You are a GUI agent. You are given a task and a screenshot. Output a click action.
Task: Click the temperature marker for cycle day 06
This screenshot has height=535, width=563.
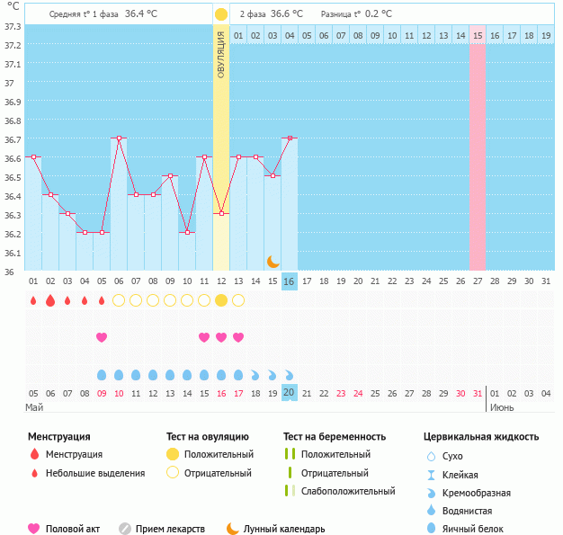click(x=119, y=138)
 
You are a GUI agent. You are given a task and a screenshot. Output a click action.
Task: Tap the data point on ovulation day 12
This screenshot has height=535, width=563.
click(x=221, y=213)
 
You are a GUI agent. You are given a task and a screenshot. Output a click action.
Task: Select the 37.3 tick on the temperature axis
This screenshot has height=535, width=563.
click(x=13, y=26)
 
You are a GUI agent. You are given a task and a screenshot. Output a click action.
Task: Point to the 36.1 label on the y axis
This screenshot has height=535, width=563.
click(x=13, y=253)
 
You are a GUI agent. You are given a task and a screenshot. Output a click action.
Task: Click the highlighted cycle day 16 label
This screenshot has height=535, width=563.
click(x=289, y=281)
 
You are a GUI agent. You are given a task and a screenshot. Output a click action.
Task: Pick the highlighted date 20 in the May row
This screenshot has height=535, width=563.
click(x=289, y=393)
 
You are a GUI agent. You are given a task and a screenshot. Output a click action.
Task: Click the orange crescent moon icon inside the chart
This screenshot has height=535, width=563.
click(x=273, y=261)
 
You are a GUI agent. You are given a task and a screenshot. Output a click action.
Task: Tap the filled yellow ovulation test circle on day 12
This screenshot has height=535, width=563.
click(x=221, y=300)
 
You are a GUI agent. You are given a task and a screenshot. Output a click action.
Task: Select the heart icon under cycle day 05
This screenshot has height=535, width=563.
click(x=102, y=337)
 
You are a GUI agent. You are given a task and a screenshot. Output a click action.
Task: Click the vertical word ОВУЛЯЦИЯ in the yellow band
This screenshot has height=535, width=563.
click(x=221, y=54)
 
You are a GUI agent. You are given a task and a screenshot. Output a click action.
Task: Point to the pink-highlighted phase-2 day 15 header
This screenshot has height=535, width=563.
click(x=477, y=35)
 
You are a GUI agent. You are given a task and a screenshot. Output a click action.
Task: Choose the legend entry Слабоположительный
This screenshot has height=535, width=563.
click(x=348, y=491)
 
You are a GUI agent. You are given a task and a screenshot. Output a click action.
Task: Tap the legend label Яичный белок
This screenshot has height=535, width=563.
click(x=479, y=529)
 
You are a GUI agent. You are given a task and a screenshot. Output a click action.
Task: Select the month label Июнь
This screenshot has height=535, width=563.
click(x=502, y=407)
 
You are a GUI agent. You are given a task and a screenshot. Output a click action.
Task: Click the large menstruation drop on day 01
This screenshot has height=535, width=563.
click(x=33, y=300)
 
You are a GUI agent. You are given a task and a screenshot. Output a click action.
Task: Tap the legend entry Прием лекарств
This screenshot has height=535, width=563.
click(x=170, y=529)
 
